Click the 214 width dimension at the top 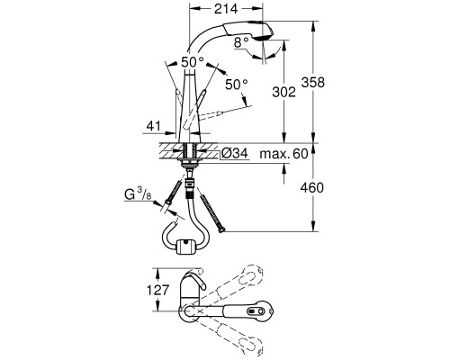point(226,9)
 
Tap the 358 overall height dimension point(313,82)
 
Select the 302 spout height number point(283,92)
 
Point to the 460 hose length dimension point(312,188)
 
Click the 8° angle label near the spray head point(242,42)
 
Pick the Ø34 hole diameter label point(235,154)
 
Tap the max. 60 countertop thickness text point(283,154)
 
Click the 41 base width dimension point(154,126)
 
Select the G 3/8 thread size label point(139,194)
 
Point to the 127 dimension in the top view point(157,290)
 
